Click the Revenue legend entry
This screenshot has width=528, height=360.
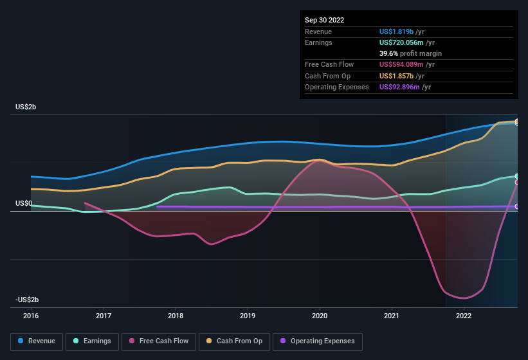37,341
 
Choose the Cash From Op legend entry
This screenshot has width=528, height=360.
235,341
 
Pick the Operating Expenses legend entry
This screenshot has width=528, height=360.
318,341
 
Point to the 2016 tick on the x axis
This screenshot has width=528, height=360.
31,316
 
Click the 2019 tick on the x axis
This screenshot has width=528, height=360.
248,316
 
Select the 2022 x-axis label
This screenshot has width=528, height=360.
464,316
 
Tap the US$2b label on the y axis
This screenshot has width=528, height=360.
26,107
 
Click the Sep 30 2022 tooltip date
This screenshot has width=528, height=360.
325,20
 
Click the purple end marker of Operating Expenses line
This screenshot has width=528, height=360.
517,206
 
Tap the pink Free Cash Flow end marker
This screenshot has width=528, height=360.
517,183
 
